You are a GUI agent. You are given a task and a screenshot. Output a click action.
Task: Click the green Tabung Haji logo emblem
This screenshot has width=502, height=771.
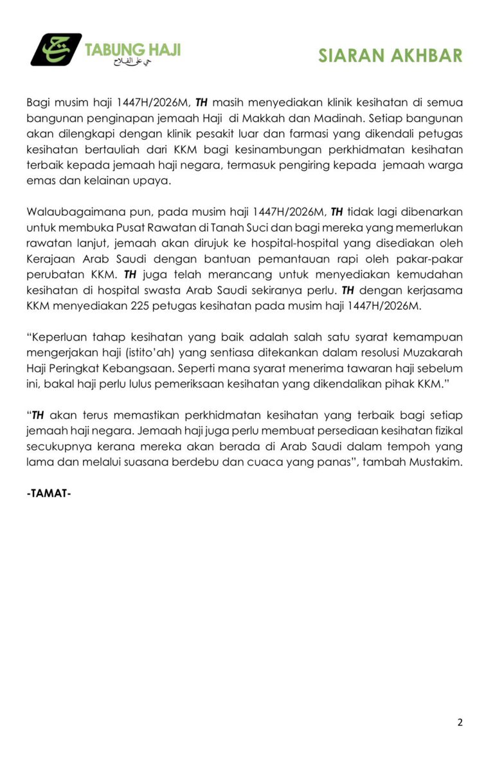tap(56, 49)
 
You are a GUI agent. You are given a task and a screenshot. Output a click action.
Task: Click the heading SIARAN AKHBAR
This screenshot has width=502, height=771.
tap(390, 56)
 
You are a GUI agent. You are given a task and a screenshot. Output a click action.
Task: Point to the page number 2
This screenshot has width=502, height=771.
tap(460, 722)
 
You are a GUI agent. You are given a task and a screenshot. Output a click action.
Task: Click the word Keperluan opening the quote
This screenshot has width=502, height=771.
tap(58, 337)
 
